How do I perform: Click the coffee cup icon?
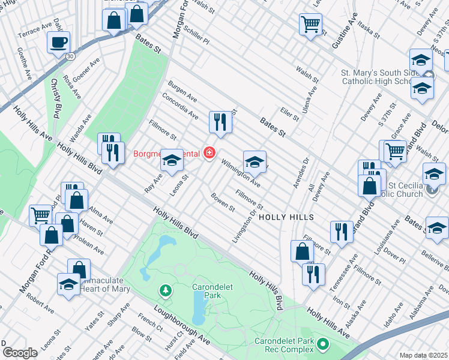58,43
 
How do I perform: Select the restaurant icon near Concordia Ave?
220,122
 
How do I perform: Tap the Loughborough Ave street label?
182,325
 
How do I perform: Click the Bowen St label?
223,202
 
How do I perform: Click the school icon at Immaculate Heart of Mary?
68,284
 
